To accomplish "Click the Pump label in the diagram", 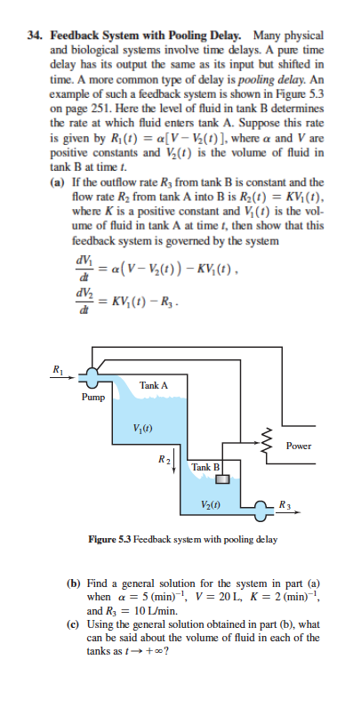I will click(92, 398).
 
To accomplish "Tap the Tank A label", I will click(154, 385).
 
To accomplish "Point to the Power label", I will click(300, 446).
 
